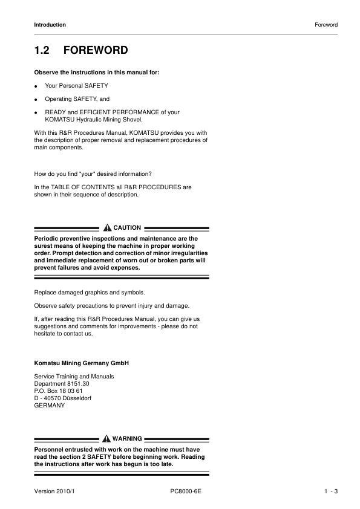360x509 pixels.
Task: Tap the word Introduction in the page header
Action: (50, 25)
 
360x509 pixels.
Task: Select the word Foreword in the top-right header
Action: (326, 25)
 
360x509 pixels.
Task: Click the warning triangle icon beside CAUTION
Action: (107, 228)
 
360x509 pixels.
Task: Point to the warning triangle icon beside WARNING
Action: (107, 438)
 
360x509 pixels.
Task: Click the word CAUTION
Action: (127, 228)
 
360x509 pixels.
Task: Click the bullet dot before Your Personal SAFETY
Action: (37, 86)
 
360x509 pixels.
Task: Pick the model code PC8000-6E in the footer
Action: (186, 492)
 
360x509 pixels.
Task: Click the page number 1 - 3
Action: (330, 492)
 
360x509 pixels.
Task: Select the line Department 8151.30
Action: (62, 384)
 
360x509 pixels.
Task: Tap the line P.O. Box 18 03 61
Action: (58, 391)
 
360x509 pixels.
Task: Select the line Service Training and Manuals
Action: (74, 377)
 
